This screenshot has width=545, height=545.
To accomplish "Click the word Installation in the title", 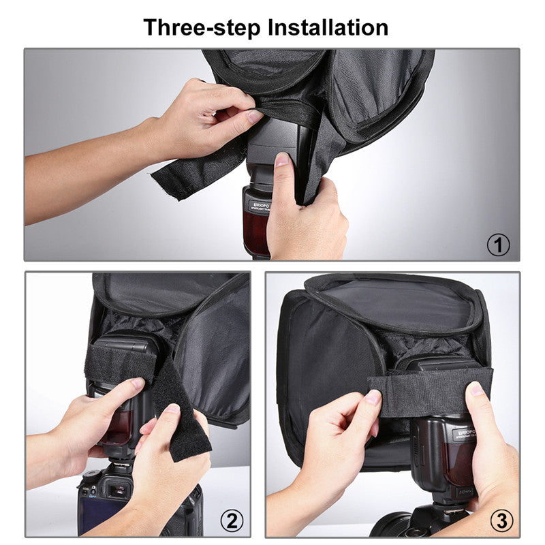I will click(x=328, y=27).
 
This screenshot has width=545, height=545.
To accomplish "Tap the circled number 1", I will click(x=498, y=245).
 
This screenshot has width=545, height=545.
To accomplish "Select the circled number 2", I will click(x=232, y=521).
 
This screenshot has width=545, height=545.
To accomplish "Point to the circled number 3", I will click(x=501, y=521).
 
